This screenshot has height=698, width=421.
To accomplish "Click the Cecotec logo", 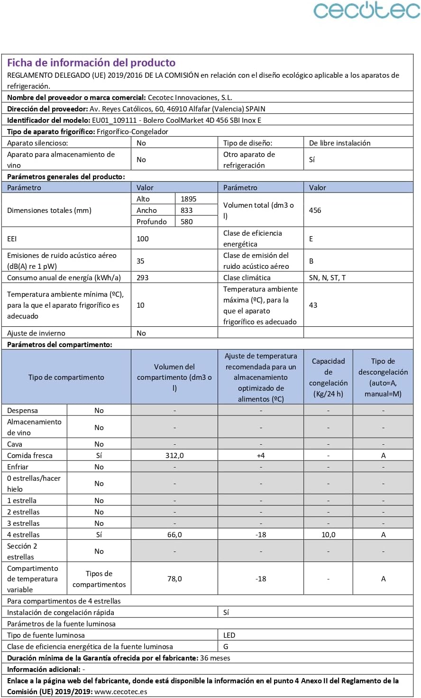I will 366,10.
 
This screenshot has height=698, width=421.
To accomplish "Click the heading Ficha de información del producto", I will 91,63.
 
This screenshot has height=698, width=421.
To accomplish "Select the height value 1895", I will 188,199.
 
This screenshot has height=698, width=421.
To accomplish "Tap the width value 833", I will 186,211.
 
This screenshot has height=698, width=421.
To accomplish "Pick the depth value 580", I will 186,222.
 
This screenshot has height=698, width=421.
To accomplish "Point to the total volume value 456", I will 315,211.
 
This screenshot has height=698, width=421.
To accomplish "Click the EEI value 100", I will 142,239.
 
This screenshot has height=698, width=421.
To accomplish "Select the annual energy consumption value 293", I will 142,278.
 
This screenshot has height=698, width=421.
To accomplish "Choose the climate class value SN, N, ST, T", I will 327,278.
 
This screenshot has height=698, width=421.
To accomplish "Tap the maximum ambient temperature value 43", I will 313,305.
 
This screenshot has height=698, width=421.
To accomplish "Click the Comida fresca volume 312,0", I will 174,456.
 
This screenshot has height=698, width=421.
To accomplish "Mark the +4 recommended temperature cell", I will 261,456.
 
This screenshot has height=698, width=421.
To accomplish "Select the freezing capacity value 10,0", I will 328,535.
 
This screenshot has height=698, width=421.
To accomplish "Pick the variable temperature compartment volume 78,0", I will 174,579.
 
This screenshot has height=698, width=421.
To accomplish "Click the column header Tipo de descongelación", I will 383,377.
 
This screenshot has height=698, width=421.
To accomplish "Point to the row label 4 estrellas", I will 23,535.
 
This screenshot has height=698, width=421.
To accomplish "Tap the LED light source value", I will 229,635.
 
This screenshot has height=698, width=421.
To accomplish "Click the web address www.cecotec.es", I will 120,692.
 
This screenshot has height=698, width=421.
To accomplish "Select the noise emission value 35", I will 140,261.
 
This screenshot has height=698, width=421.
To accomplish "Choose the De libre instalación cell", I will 339,143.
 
